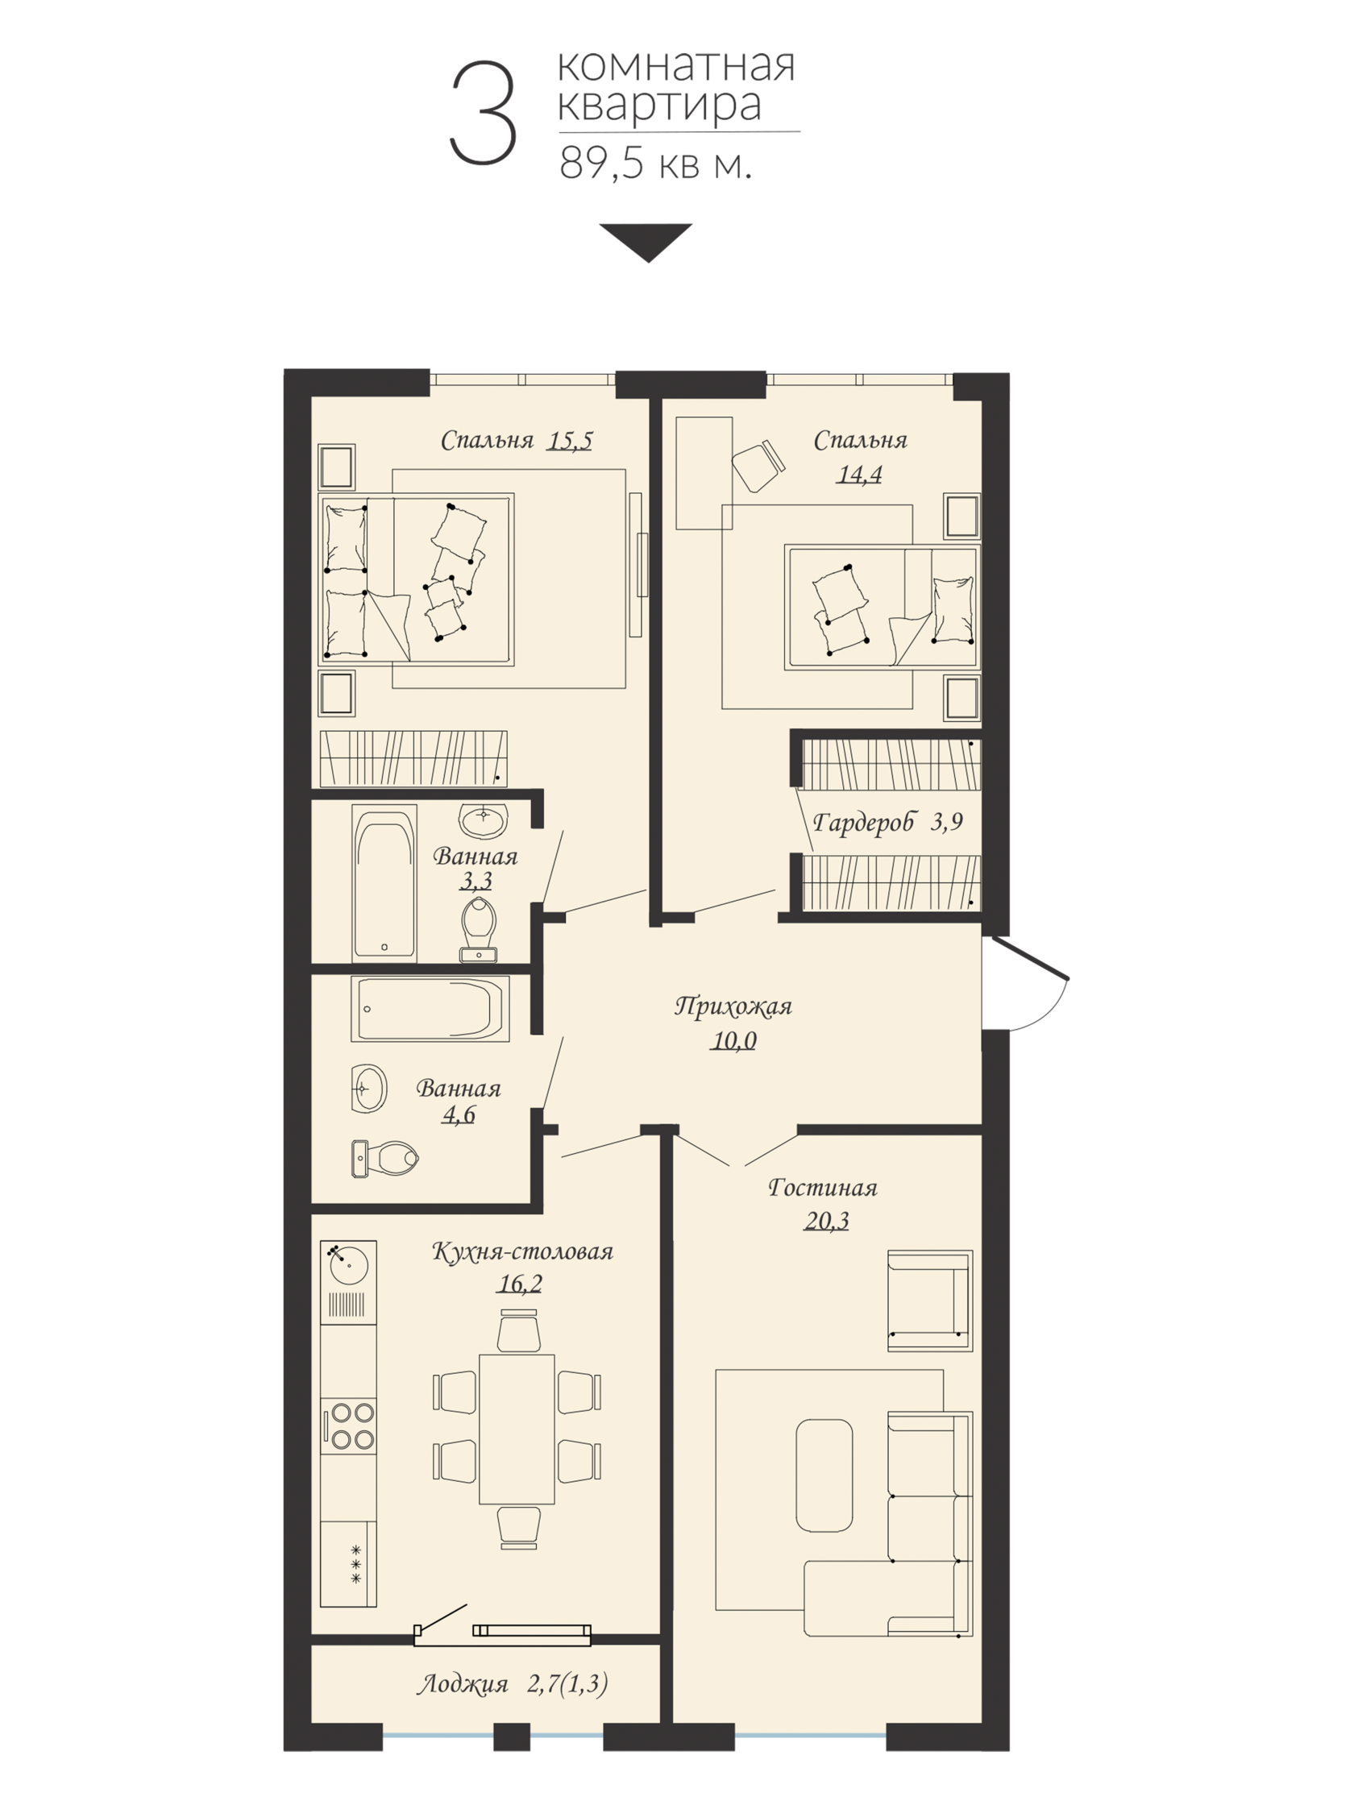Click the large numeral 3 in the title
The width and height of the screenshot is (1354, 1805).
483,114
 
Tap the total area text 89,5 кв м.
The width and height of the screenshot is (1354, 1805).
655,164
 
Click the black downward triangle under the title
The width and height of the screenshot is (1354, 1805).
646,243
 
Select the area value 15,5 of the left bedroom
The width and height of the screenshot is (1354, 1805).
570,441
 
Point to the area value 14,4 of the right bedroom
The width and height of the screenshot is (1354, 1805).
858,474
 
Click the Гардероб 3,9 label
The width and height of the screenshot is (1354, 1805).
888,823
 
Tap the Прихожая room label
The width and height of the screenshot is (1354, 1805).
733,1007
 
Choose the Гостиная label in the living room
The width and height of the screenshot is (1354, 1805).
823,1187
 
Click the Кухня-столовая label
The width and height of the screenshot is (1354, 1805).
522,1251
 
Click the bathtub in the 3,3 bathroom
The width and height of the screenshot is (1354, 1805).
384,883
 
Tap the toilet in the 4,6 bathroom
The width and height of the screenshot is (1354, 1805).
384,1158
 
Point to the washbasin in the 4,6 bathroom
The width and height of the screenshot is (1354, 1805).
369,1089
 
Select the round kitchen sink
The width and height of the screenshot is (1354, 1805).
348,1268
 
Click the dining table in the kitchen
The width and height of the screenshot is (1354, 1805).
517,1429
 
